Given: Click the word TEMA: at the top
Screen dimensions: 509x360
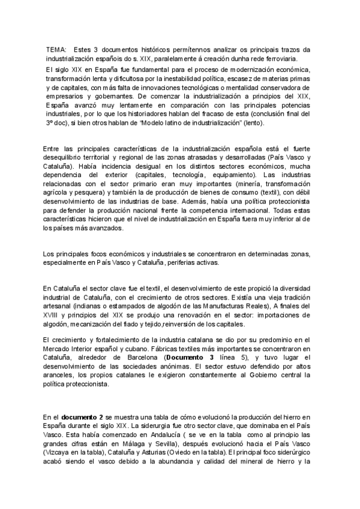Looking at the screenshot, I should [x=57, y=49].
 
